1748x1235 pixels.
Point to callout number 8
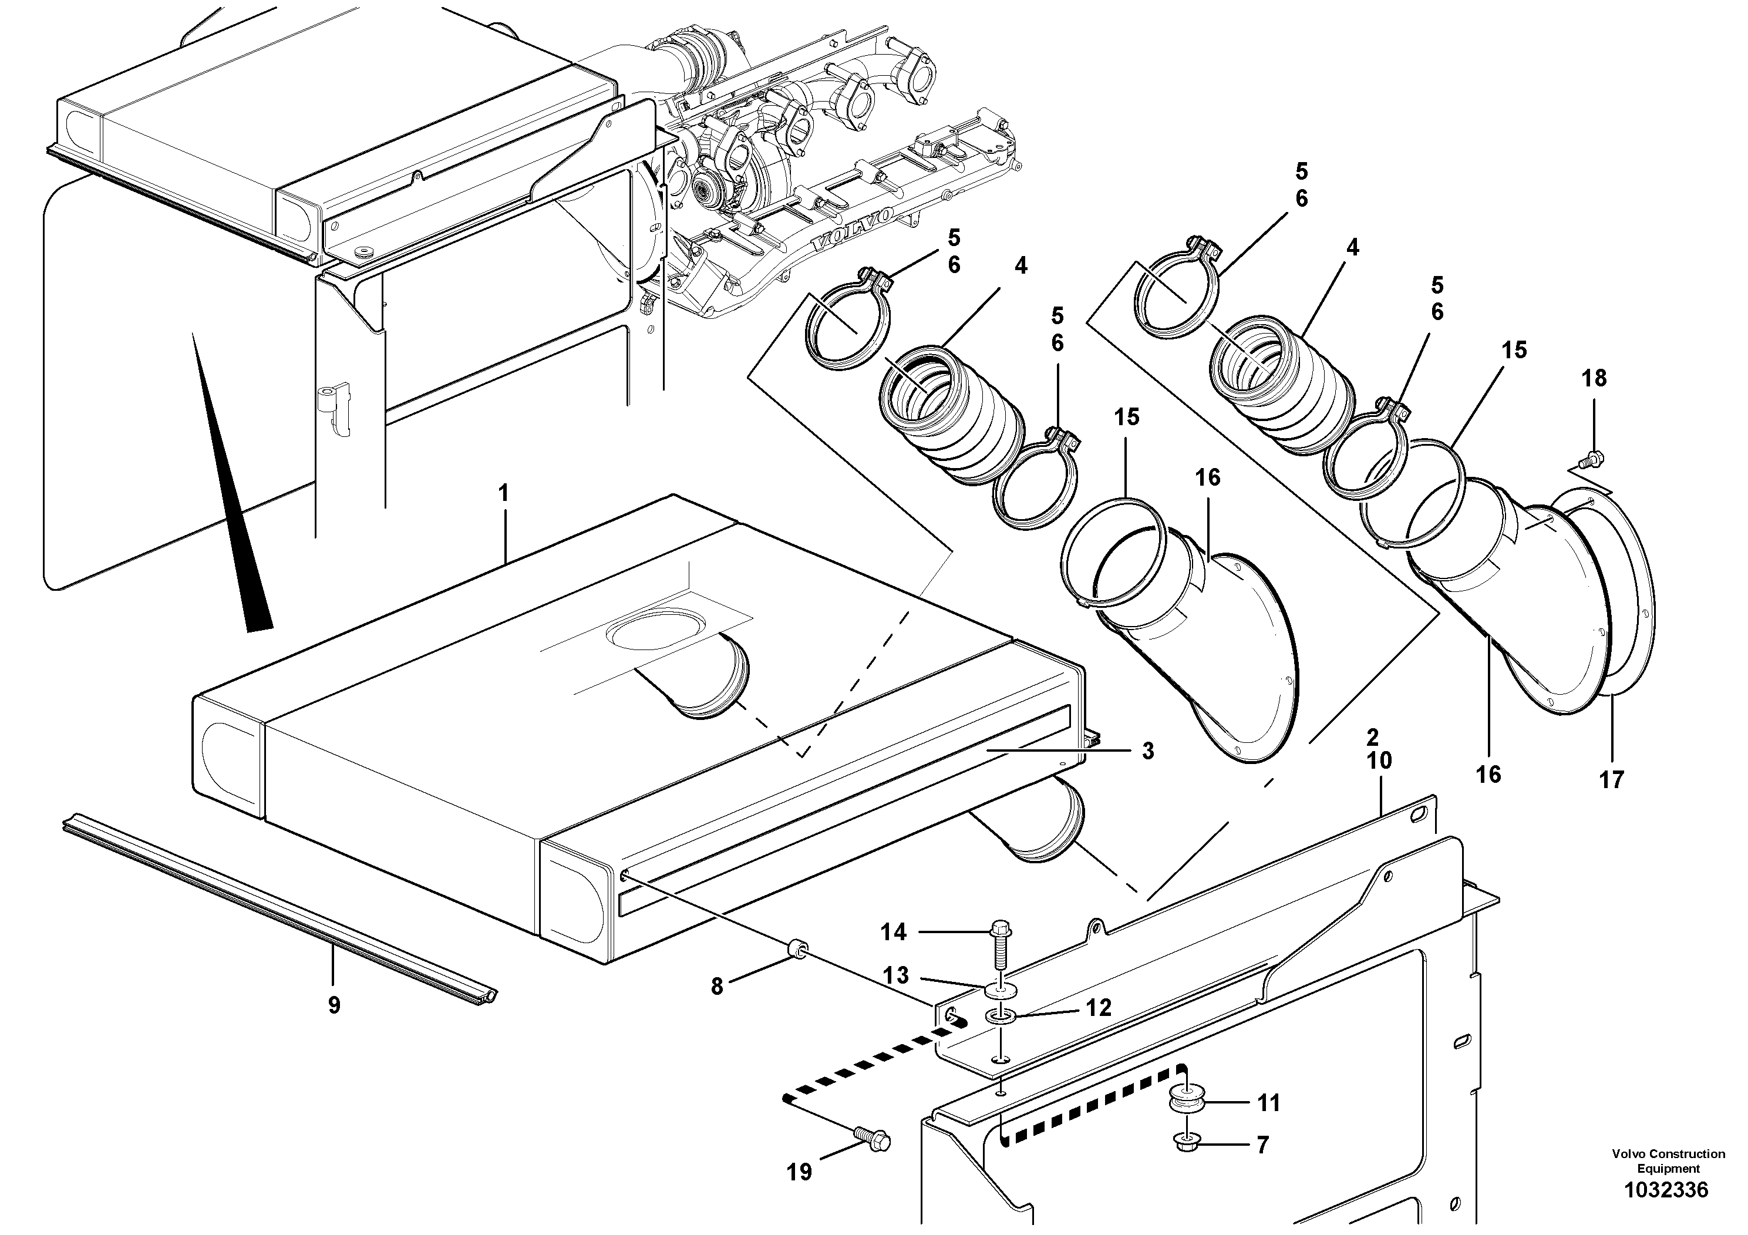point(716,987)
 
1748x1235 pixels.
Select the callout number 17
point(1612,780)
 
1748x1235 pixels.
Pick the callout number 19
point(799,1172)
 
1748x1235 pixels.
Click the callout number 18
point(1594,378)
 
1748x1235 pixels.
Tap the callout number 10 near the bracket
point(1379,760)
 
